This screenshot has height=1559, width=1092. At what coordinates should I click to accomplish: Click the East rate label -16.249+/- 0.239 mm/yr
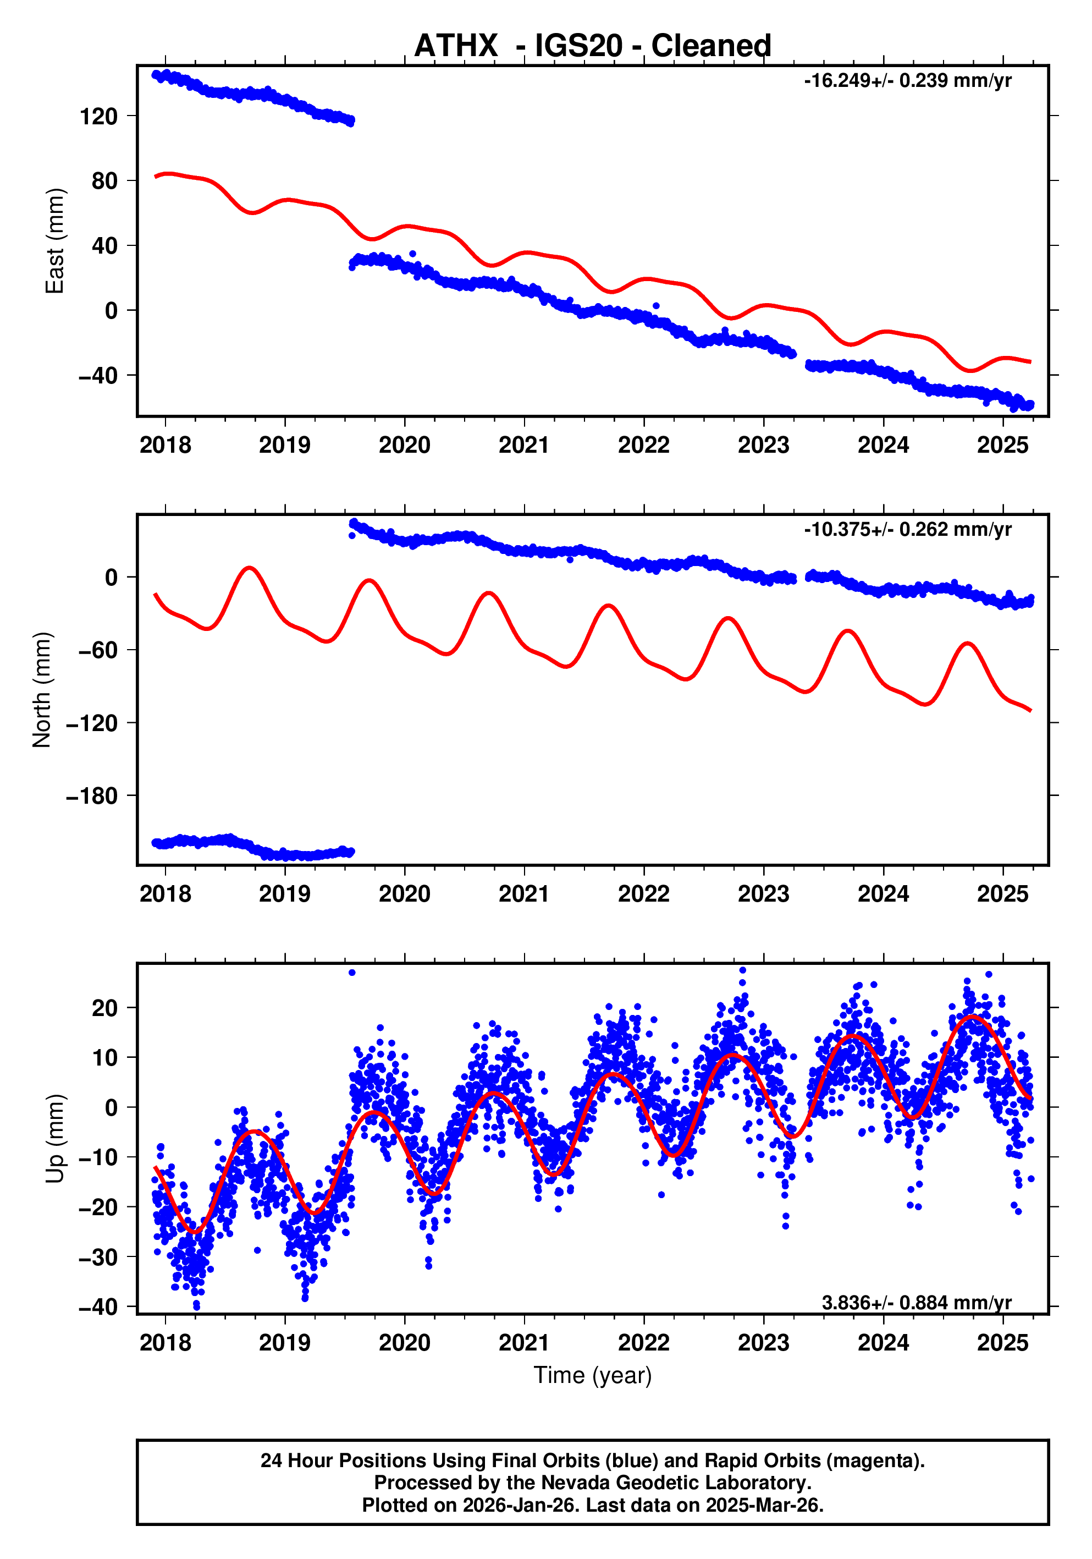907,81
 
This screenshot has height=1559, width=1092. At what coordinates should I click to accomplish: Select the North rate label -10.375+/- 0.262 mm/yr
907,529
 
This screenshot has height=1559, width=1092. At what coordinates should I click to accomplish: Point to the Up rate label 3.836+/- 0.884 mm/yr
915,1302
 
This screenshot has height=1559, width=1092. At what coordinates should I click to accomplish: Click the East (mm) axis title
54,241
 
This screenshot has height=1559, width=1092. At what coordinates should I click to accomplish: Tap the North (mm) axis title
42,689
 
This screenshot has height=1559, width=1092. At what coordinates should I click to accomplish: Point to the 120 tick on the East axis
98,117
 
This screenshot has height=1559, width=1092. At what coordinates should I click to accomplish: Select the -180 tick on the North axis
92,796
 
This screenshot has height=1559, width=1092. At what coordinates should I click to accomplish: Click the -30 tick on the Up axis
98,1257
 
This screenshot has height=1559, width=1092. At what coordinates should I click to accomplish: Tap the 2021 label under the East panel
523,446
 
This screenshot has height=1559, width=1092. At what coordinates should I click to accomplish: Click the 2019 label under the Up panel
284,1342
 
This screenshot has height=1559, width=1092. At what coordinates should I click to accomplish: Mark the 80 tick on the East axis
104,182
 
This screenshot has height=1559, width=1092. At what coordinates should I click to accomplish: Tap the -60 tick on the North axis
98,650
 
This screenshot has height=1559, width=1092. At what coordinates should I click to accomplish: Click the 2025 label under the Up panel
1002,1342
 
